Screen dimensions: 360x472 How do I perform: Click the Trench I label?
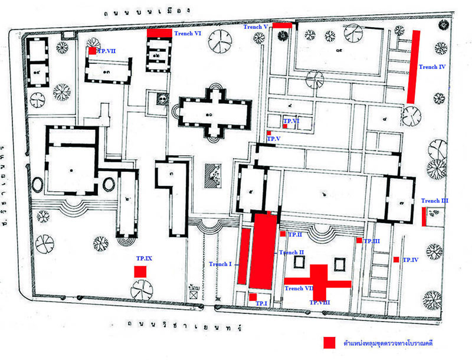click(x=220, y=264)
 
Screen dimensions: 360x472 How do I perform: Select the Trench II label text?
click(x=291, y=253)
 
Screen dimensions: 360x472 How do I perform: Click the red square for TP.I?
click(x=253, y=297)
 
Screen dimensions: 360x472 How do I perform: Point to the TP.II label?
click(x=295, y=235)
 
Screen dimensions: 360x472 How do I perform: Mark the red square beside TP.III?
click(x=359, y=240)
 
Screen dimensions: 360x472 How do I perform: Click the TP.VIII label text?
click(x=320, y=303)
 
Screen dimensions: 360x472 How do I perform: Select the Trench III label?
click(x=435, y=201)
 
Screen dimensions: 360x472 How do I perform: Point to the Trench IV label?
click(x=432, y=67)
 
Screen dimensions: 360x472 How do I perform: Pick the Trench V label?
click(x=256, y=27)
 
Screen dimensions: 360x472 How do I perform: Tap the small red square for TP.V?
click(x=268, y=133)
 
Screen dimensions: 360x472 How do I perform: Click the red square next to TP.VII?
click(x=91, y=51)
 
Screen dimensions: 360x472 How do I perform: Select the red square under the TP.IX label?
click(x=140, y=271)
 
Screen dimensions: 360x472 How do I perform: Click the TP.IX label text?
click(x=144, y=259)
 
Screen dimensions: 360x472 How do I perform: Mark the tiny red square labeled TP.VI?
click(x=284, y=126)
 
